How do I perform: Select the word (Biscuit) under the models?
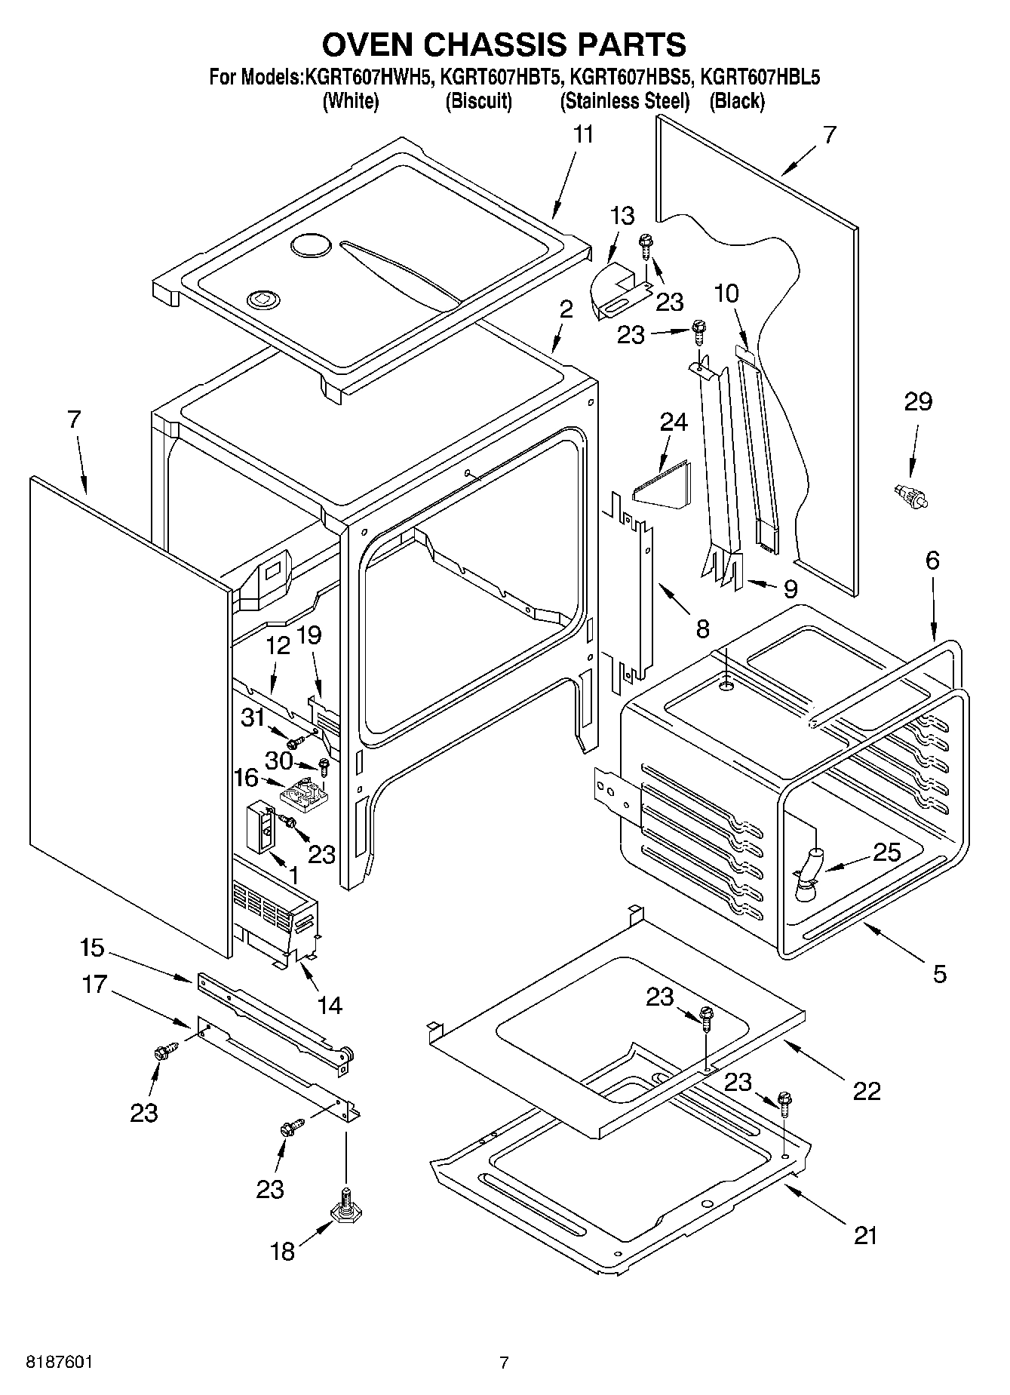[x=479, y=101]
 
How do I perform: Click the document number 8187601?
[x=60, y=1363]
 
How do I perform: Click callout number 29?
[x=918, y=402]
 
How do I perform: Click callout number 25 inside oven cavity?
[x=886, y=853]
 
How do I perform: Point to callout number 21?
[x=865, y=1236]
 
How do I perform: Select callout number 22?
[x=866, y=1090]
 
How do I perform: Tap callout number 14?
[x=330, y=1005]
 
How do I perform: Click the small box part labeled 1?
[x=262, y=826]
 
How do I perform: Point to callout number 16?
[x=247, y=778]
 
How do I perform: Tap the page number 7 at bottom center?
[x=504, y=1363]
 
